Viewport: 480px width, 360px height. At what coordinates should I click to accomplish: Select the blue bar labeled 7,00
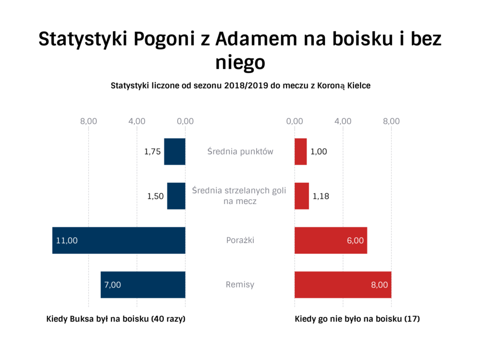143,285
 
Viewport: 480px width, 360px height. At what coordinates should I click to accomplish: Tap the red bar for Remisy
343,285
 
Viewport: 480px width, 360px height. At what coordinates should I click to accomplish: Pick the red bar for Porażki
330,240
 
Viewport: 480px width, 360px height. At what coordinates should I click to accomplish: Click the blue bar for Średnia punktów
175,151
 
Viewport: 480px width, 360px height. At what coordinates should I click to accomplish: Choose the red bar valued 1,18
301,196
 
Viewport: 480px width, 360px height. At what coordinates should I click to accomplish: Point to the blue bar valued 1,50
176,196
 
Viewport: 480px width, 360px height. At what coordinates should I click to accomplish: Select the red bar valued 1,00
300,151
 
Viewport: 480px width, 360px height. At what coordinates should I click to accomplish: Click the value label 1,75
152,152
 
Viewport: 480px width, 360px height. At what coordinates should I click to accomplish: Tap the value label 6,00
355,240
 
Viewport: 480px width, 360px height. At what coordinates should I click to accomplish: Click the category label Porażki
240,240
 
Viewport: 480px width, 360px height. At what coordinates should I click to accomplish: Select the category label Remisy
240,285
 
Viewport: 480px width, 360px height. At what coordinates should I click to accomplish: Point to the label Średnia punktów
240,151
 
